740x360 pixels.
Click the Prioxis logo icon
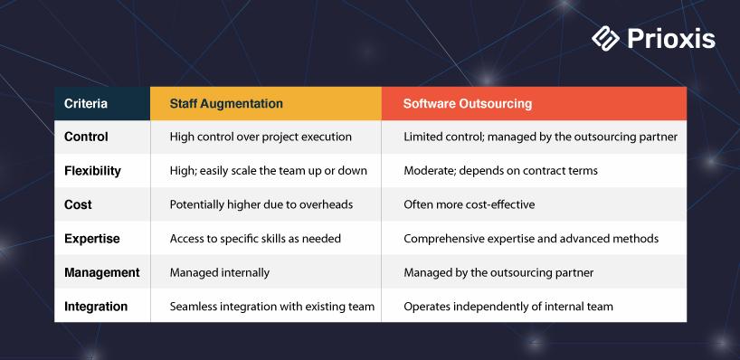point(605,39)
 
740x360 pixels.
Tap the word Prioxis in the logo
point(671,39)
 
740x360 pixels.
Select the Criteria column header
point(86,103)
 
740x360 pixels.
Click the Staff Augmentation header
point(226,103)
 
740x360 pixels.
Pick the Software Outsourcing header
point(467,103)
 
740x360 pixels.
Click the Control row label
point(86,137)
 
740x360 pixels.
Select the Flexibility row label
point(92,171)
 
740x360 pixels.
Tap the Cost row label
point(78,204)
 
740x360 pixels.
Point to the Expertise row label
point(92,239)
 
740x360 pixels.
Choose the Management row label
point(102,272)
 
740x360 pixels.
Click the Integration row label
point(96,307)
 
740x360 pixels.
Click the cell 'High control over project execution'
point(261,137)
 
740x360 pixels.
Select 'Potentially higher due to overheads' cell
point(261,204)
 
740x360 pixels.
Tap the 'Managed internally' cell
point(220,272)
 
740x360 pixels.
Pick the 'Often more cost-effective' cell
point(470,204)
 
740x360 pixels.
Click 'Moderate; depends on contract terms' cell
point(501,171)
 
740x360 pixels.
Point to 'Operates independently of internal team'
point(508,307)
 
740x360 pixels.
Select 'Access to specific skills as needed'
point(255,239)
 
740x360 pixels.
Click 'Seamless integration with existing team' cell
point(271,307)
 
